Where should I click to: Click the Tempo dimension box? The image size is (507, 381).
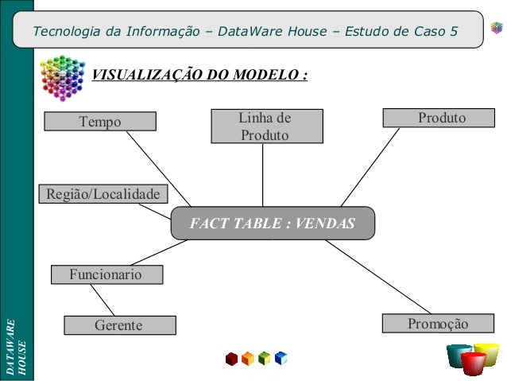(x=100, y=122)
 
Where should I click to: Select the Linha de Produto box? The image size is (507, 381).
(x=266, y=126)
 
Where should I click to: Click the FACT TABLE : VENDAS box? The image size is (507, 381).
(x=272, y=224)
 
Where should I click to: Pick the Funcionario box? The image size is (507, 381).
(x=106, y=274)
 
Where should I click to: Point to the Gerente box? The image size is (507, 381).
(x=119, y=325)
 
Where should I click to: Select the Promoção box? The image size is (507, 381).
(x=437, y=323)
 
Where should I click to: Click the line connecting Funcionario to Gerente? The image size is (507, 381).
(x=103, y=299)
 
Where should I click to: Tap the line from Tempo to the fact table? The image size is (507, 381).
(x=159, y=168)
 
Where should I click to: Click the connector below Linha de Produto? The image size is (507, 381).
(x=263, y=175)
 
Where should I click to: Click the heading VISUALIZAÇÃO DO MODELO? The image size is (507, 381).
(x=200, y=76)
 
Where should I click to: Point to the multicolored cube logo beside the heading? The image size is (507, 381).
(x=61, y=76)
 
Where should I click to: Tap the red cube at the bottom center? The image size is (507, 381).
(x=231, y=359)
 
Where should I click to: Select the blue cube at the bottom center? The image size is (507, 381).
(x=281, y=358)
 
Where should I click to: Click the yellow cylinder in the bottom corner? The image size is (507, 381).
(x=487, y=352)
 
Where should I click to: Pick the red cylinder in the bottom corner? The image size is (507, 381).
(x=474, y=364)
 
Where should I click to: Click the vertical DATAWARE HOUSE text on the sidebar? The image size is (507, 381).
(x=16, y=348)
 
